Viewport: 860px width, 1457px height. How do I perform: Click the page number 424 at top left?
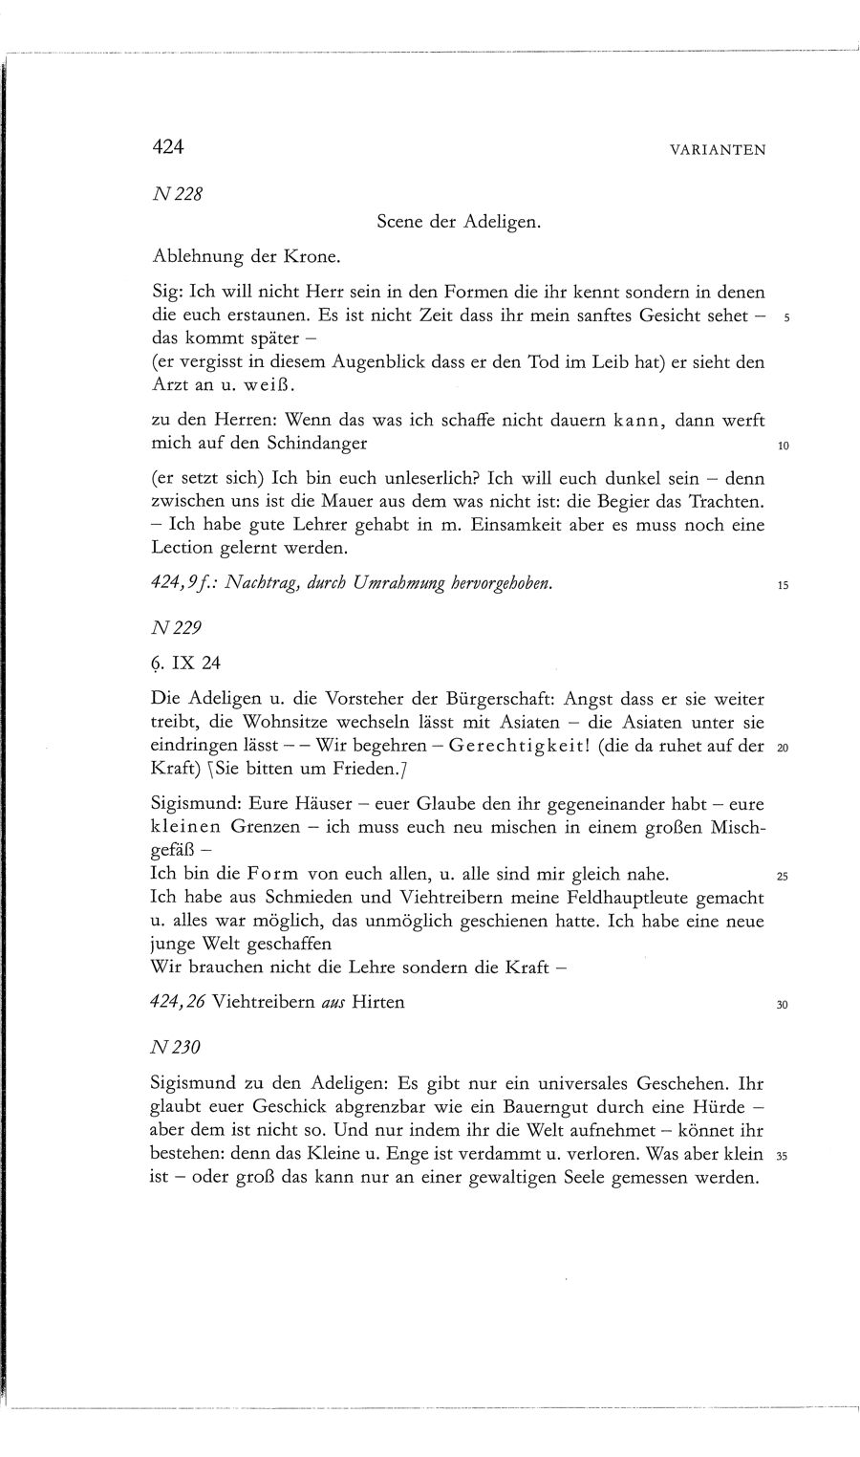coord(167,147)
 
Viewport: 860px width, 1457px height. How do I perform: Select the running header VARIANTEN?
coord(719,150)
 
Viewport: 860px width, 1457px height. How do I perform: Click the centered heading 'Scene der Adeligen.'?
coord(460,223)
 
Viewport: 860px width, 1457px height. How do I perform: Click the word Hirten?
coord(378,1002)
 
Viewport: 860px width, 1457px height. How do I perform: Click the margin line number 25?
coord(782,877)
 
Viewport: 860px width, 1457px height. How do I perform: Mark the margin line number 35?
coord(781,1156)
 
